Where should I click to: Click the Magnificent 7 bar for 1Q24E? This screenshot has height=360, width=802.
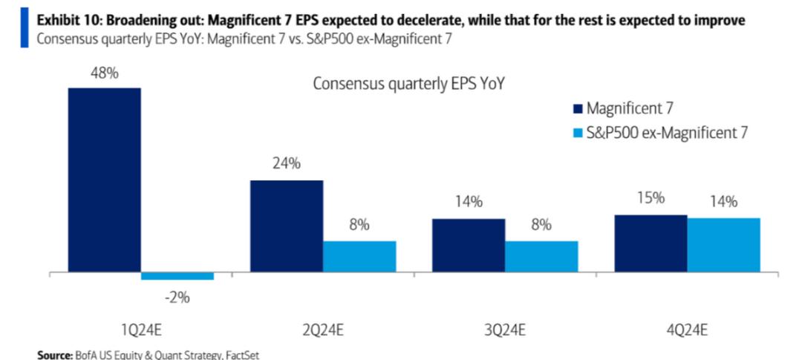[104, 180]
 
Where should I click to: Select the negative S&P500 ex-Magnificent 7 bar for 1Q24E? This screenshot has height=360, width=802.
[177, 277]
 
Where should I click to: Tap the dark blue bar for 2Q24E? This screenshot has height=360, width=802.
[287, 226]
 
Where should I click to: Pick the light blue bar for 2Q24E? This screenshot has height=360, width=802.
[359, 257]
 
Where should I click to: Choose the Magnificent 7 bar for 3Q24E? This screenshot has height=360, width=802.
[469, 246]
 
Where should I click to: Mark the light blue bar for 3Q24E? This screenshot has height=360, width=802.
[541, 257]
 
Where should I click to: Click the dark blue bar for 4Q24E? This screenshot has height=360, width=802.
[651, 244]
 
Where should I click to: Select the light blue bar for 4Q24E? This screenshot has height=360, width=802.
[723, 246]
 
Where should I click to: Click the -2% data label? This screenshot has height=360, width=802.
[177, 298]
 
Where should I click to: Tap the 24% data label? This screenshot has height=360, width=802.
[286, 164]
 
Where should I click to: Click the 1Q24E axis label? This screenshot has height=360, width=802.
[140, 330]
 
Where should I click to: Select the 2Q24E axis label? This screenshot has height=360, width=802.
[322, 330]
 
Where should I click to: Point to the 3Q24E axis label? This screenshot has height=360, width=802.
[505, 330]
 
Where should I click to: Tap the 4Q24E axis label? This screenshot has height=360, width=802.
[687, 330]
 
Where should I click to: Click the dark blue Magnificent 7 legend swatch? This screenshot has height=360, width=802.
[576, 109]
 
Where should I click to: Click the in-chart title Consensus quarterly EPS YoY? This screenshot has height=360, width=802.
[408, 83]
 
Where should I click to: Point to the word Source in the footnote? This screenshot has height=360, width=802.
[53, 355]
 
